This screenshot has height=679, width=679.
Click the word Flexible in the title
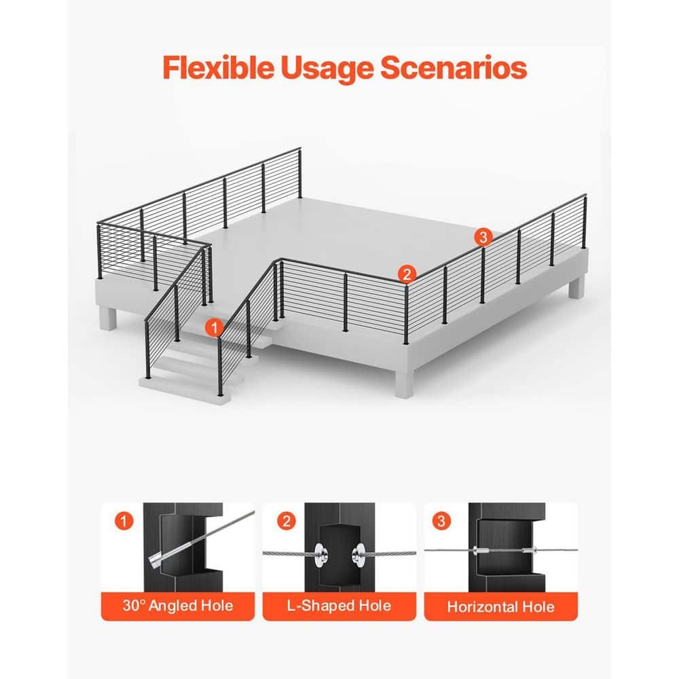218,67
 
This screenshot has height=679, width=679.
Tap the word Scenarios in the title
454,67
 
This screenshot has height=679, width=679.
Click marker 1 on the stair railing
214,327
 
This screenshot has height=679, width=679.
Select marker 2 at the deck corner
407,274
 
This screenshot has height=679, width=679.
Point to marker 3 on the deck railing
483,237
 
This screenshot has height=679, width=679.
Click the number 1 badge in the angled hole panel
124,521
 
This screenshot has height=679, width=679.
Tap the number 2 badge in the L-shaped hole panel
287,521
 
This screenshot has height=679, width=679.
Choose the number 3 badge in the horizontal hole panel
441,521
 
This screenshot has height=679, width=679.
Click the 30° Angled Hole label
178,606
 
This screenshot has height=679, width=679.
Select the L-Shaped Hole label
339,606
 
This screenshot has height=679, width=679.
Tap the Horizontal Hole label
500,606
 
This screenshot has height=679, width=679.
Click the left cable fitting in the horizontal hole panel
481,551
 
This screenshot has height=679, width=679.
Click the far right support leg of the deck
576,287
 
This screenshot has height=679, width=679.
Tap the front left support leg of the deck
107,318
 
